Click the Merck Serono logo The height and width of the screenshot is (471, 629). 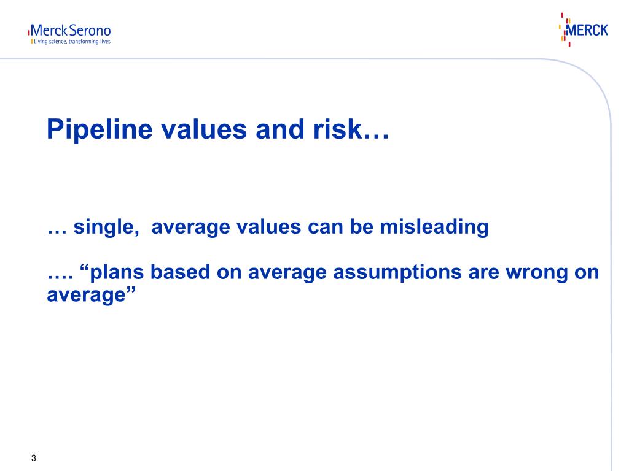pyautogui.click(x=69, y=34)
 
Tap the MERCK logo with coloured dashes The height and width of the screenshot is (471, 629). pyautogui.click(x=584, y=29)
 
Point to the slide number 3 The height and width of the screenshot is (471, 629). pyautogui.click(x=34, y=458)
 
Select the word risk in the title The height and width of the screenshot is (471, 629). pyautogui.click(x=338, y=129)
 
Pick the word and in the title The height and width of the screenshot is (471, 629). pyautogui.click(x=280, y=129)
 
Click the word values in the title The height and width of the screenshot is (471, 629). pyautogui.click(x=204, y=129)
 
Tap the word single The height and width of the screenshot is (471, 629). pyautogui.click(x=106, y=228)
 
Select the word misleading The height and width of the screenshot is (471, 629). pyautogui.click(x=434, y=227)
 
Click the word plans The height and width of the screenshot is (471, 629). pyautogui.click(x=117, y=272)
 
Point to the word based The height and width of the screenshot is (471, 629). pyautogui.click(x=180, y=272)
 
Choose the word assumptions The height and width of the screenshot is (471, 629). pyautogui.click(x=397, y=273)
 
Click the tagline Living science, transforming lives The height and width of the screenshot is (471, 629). pyautogui.click(x=72, y=42)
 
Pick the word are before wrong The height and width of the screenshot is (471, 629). pyautogui.click(x=483, y=273)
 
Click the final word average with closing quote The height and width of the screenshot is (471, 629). pyautogui.click(x=92, y=296)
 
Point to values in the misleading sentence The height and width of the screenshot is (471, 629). pyautogui.click(x=268, y=227)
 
